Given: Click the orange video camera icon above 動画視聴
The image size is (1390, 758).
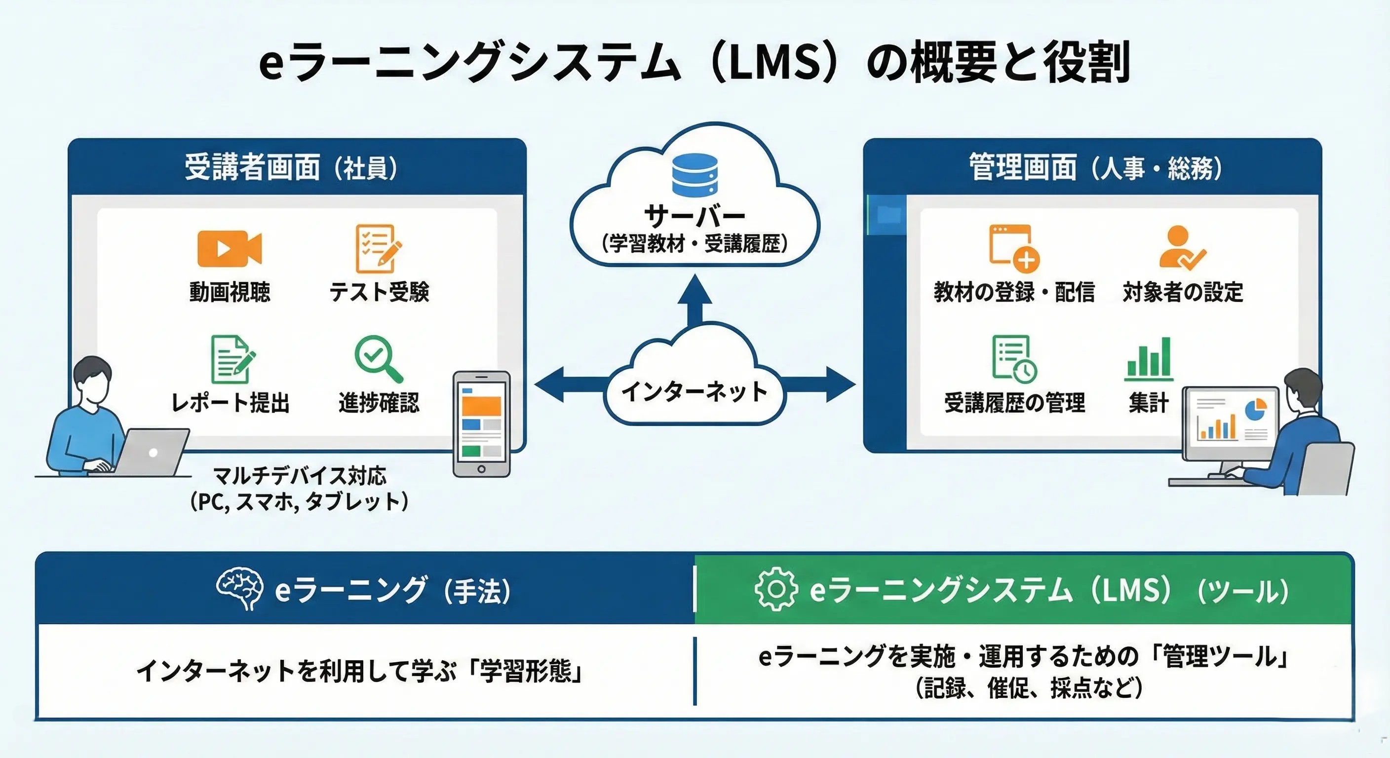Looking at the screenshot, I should [x=230, y=249].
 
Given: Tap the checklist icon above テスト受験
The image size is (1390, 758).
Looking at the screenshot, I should [x=378, y=248].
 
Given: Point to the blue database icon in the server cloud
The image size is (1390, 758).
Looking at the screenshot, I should [x=695, y=174].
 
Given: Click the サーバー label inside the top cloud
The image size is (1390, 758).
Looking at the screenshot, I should [x=695, y=216].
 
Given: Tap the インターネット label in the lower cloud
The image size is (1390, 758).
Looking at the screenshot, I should [x=695, y=391].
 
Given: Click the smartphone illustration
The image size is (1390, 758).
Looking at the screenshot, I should [x=481, y=424].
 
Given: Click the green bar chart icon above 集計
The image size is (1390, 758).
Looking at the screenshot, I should [x=1149, y=357].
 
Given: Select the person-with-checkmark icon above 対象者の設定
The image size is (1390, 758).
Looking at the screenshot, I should [x=1181, y=248].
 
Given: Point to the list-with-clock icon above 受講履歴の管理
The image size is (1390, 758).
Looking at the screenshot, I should [x=1013, y=358].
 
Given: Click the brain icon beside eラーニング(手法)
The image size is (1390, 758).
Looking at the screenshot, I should [x=239, y=589].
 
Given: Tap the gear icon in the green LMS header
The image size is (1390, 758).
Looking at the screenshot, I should [x=776, y=589].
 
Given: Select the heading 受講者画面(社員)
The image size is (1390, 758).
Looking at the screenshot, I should [x=291, y=167].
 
